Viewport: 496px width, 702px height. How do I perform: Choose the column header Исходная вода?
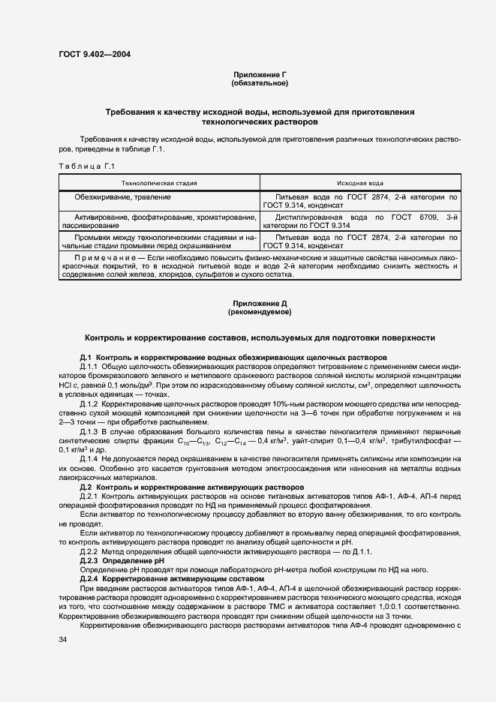point(360,182)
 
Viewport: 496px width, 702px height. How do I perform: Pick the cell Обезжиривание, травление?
point(123,196)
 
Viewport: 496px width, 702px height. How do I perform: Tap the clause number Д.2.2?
point(89,553)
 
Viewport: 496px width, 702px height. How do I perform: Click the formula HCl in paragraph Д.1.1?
point(65,384)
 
